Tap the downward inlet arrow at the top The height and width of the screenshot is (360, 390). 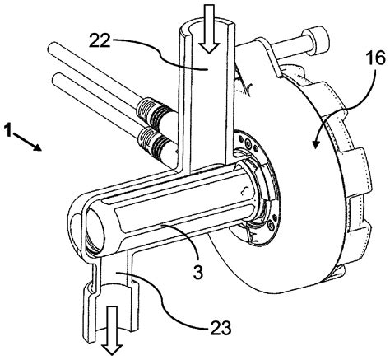click(x=211, y=16)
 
